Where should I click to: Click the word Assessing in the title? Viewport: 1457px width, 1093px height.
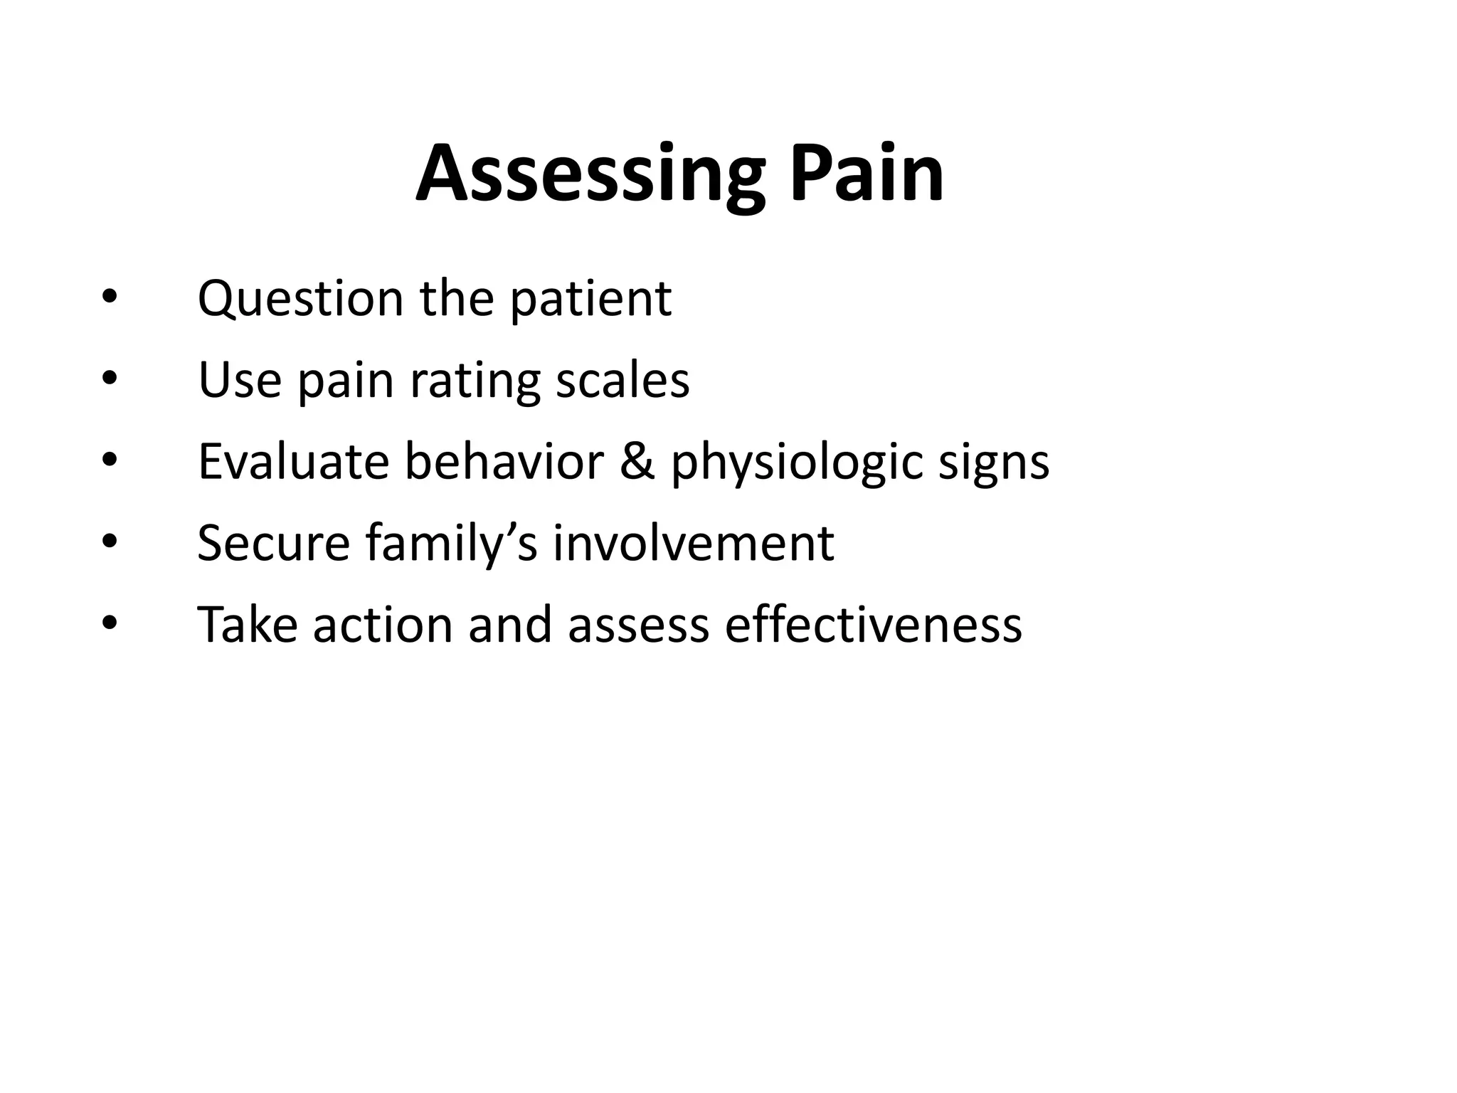(590, 174)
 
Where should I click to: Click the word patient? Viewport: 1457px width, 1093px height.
(590, 299)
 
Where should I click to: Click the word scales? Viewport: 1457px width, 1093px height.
(622, 380)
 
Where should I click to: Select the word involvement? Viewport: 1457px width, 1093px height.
(693, 544)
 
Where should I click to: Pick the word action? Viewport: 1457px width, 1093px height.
(383, 625)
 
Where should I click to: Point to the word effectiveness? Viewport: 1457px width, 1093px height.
(873, 625)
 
